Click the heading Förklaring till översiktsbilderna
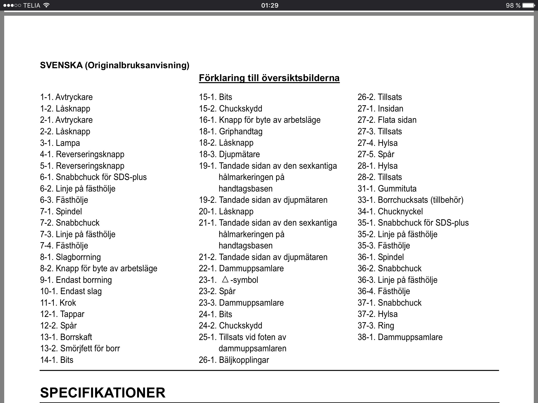(x=269, y=78)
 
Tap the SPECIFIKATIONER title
(x=103, y=393)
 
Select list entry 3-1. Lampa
(x=60, y=143)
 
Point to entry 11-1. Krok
(x=58, y=303)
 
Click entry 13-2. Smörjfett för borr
(x=80, y=348)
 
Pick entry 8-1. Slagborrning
(x=70, y=257)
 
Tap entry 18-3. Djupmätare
(x=229, y=154)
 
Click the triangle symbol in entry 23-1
(x=225, y=279)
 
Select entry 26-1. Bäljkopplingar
(x=234, y=360)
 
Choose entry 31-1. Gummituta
(x=387, y=189)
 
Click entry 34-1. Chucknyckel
(x=390, y=211)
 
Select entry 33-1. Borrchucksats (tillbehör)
(x=410, y=200)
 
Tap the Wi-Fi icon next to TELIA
(x=46, y=5)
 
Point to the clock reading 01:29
(x=270, y=5)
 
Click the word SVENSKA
(x=61, y=65)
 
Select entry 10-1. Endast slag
(x=71, y=291)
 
